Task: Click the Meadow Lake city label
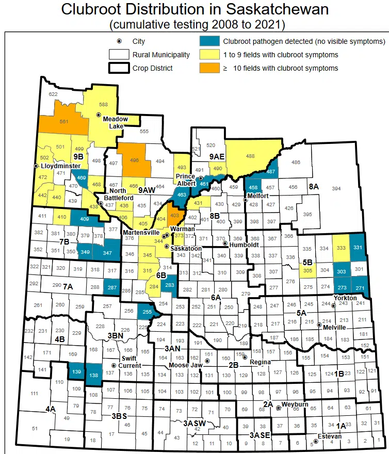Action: point(115,122)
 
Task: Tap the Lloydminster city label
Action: point(60,166)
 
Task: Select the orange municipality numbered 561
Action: point(64,121)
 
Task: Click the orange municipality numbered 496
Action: point(134,160)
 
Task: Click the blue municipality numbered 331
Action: point(358,248)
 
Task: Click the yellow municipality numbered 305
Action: point(307,270)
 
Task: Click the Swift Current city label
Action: point(129,362)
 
